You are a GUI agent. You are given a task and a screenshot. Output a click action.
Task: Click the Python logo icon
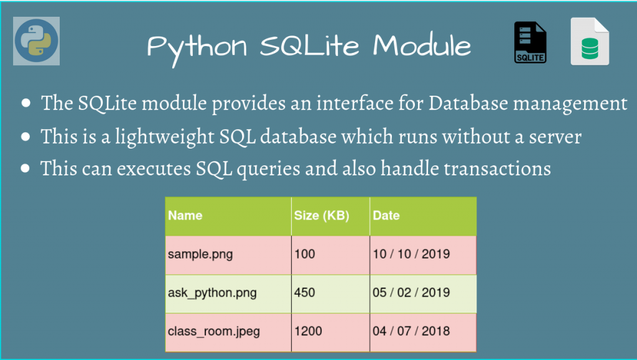36,41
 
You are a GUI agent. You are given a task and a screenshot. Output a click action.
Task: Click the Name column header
185,216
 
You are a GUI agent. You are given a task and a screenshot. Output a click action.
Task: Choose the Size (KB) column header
321,216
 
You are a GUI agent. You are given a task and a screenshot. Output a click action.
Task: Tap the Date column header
386,216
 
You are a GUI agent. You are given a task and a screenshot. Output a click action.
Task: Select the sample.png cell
200,254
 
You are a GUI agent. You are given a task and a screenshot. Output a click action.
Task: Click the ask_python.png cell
212,292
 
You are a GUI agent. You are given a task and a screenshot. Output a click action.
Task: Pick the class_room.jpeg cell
214,331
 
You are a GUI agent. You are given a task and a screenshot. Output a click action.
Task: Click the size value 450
304,292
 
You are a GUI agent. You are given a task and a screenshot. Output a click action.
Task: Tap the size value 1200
308,331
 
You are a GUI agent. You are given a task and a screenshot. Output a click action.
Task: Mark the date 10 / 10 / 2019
411,254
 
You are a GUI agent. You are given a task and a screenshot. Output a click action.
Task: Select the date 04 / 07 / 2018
411,331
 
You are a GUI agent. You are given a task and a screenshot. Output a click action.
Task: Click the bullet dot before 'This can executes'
26,168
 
